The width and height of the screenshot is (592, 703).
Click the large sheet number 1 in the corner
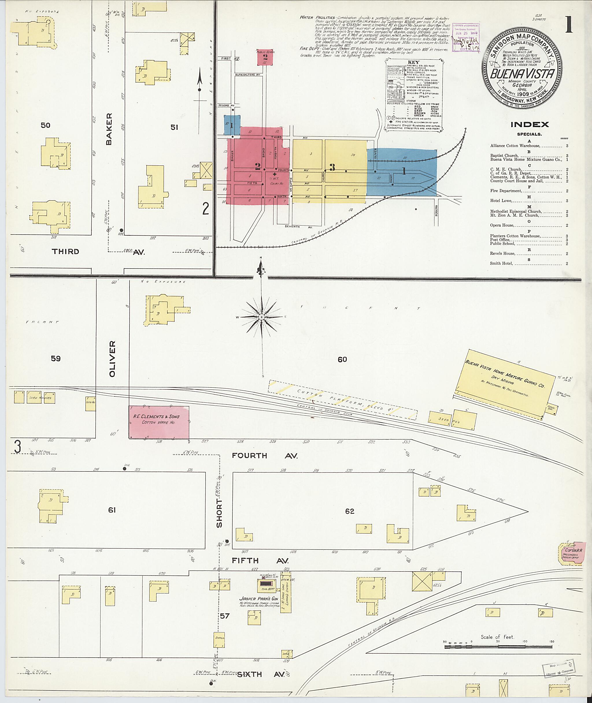[x=569, y=25]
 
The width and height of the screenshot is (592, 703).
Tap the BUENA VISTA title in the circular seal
[x=522, y=74]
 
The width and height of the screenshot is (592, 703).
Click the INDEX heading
[x=530, y=125]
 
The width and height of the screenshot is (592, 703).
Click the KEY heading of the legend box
[x=413, y=63]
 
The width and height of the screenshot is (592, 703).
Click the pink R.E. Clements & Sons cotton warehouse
[x=159, y=422]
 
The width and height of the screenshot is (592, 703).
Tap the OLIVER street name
[x=112, y=359]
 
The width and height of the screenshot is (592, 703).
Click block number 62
[x=349, y=511]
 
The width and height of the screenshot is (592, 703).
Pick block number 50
[x=45, y=125]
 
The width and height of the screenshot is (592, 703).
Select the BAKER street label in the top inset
[x=109, y=129]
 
